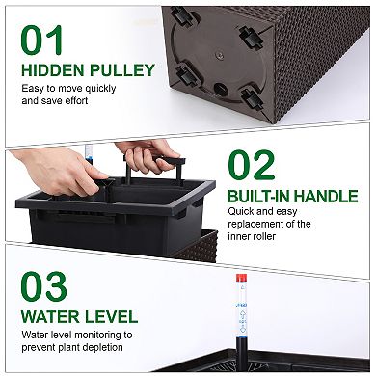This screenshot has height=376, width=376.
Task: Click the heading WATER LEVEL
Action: click(79, 316)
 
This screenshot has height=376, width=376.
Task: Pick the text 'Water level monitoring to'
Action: click(76, 335)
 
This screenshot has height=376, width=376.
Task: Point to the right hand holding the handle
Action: click(146, 156)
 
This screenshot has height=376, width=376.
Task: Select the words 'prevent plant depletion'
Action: click(73, 347)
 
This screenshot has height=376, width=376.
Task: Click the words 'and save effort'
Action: click(54, 100)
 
